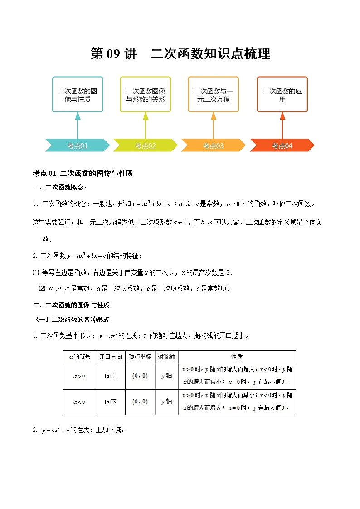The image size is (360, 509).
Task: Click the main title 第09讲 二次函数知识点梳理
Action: pos(180,53)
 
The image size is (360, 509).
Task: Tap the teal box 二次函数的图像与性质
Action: pos(78,94)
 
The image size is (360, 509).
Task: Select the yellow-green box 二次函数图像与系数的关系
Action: pos(146,94)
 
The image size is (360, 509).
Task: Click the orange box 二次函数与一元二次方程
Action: pos(214,94)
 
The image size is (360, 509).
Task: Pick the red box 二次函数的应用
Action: pos(282,94)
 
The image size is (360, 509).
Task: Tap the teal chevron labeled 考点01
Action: pos(78,145)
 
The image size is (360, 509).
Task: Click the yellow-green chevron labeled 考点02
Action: pos(146,145)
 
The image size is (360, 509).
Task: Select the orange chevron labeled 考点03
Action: pos(214,145)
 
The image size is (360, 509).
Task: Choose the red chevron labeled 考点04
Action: pos(282,145)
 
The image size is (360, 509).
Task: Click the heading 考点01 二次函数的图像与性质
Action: pos(83,173)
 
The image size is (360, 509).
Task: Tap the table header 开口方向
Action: pos(111,357)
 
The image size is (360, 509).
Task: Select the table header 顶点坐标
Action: pos(140,357)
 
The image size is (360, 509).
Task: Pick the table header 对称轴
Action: pos(166,357)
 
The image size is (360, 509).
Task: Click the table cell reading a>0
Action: pos(79,376)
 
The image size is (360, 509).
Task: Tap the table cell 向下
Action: pos(111,402)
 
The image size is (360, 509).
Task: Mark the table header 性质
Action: pos(237,357)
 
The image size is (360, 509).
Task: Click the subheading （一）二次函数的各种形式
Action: pos(73,319)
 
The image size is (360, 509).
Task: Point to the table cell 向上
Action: pos(111,376)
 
